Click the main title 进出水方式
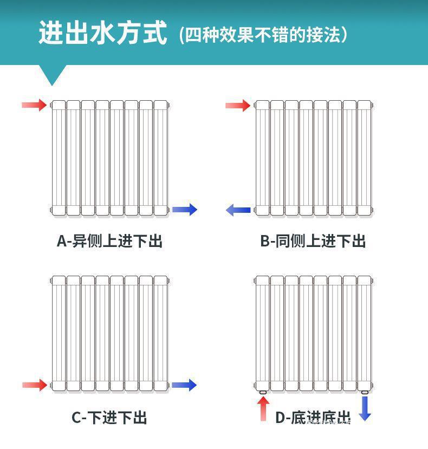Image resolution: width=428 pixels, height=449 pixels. (102, 33)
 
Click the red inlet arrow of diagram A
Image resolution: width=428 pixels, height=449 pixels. (34, 105)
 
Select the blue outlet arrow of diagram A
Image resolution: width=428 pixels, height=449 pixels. (185, 210)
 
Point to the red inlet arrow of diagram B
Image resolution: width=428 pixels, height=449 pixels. (238, 105)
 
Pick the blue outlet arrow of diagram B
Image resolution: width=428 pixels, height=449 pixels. (238, 210)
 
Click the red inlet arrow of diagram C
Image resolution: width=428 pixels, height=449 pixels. (34, 385)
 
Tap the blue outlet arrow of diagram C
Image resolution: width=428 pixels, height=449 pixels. (185, 385)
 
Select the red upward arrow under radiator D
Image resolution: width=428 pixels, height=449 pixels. (263, 408)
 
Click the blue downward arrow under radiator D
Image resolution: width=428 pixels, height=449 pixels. (365, 408)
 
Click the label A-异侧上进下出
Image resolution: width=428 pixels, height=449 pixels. (109, 241)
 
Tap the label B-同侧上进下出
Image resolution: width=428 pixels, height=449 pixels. (313, 241)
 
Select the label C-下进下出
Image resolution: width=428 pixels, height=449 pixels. (109, 418)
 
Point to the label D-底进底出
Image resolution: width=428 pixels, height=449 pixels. (313, 418)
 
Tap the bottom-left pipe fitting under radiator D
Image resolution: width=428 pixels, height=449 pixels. (263, 392)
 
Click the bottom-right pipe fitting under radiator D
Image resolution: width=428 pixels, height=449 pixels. (365, 392)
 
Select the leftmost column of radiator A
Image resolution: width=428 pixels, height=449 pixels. (59, 158)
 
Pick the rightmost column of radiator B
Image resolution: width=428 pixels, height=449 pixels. (364, 158)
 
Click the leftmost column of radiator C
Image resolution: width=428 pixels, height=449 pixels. (59, 333)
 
